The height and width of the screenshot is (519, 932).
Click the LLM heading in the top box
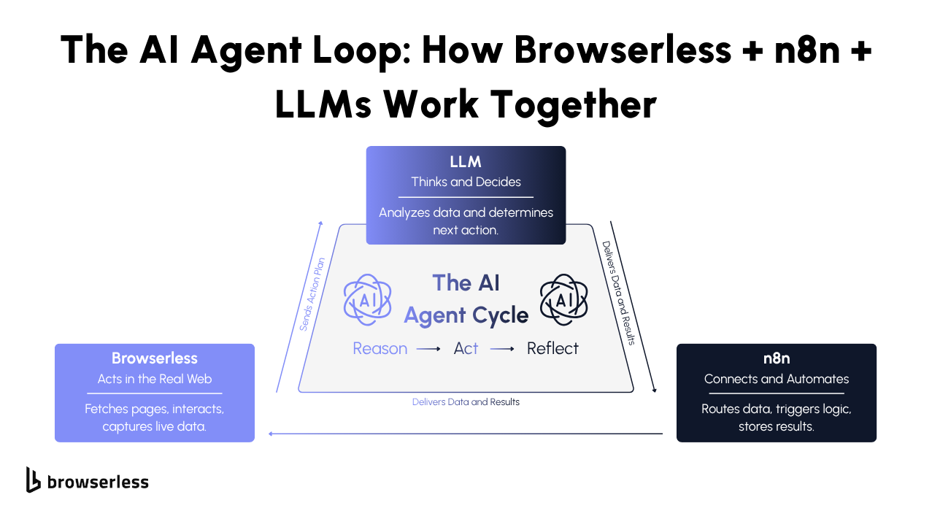tap(466, 162)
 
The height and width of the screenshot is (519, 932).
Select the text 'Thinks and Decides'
tap(466, 182)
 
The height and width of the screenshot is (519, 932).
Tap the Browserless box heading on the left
tap(154, 358)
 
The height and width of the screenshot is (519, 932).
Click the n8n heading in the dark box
tap(776, 358)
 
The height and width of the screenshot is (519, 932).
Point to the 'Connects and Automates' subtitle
tap(776, 379)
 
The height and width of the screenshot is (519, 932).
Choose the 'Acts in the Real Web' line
tap(154, 379)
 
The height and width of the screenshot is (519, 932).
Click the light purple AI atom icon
tap(368, 299)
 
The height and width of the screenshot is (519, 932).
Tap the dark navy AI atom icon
tap(564, 299)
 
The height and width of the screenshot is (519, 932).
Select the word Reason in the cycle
tap(380, 349)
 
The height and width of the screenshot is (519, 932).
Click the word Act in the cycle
tap(466, 349)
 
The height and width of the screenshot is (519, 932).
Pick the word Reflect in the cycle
tap(552, 349)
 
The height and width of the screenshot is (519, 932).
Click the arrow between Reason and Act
tap(428, 350)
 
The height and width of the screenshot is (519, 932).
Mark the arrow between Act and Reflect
tap(502, 350)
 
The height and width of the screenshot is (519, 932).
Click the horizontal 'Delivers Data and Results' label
tap(466, 402)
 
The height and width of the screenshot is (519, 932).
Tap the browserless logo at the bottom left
tap(87, 480)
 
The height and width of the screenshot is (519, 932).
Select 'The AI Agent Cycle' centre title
tap(466, 299)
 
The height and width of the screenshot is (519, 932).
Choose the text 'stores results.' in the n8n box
tap(776, 426)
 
